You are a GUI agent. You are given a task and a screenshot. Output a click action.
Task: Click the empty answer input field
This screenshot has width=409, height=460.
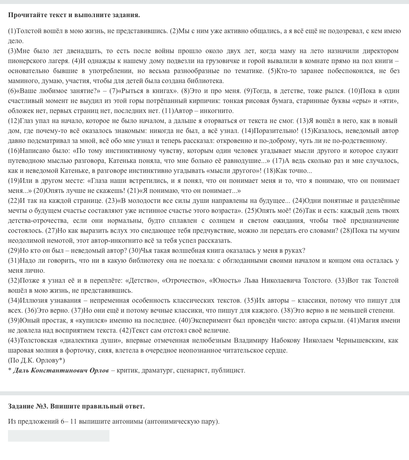pos(58,436)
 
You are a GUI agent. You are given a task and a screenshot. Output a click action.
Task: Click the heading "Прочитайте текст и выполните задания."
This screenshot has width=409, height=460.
pos(74,15)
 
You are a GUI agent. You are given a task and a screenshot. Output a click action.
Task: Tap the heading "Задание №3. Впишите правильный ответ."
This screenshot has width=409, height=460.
pos(76,406)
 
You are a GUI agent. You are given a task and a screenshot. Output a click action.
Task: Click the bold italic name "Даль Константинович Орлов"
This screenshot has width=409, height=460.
pos(61,371)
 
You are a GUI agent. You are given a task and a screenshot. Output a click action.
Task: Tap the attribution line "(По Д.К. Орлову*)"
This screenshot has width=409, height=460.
pos(36,361)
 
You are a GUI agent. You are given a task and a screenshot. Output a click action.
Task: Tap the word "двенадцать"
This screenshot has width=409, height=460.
pos(86,51)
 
